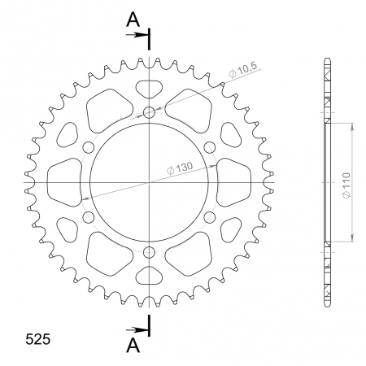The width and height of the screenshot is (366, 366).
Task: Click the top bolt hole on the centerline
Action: [x=149, y=112]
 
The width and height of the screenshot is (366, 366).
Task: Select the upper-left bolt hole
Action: [x=88, y=147]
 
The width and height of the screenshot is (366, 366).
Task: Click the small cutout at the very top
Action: [x=149, y=87]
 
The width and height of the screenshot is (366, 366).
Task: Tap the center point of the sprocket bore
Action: [x=149, y=183]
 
